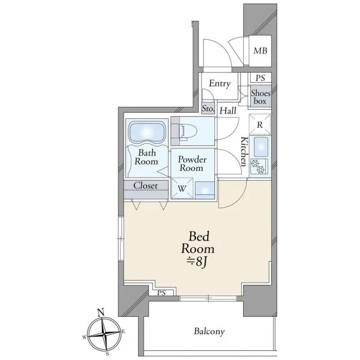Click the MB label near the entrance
pos(260,51)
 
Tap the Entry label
pos(220,83)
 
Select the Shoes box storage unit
pos(260,96)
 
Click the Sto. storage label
pos(208,109)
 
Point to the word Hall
pos(228,111)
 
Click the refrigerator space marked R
pos(260,125)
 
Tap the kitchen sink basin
pos(261,144)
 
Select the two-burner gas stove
pos(259,166)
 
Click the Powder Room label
pos(192,164)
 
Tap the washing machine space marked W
pos(182,188)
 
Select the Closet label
pos(146,185)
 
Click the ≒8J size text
pos(197,262)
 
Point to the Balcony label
pos(209,331)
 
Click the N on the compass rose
pos(101,312)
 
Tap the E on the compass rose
pos(123,331)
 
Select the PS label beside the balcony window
pos(161,293)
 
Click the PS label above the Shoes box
pos(260,78)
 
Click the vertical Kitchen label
pos(244,151)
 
